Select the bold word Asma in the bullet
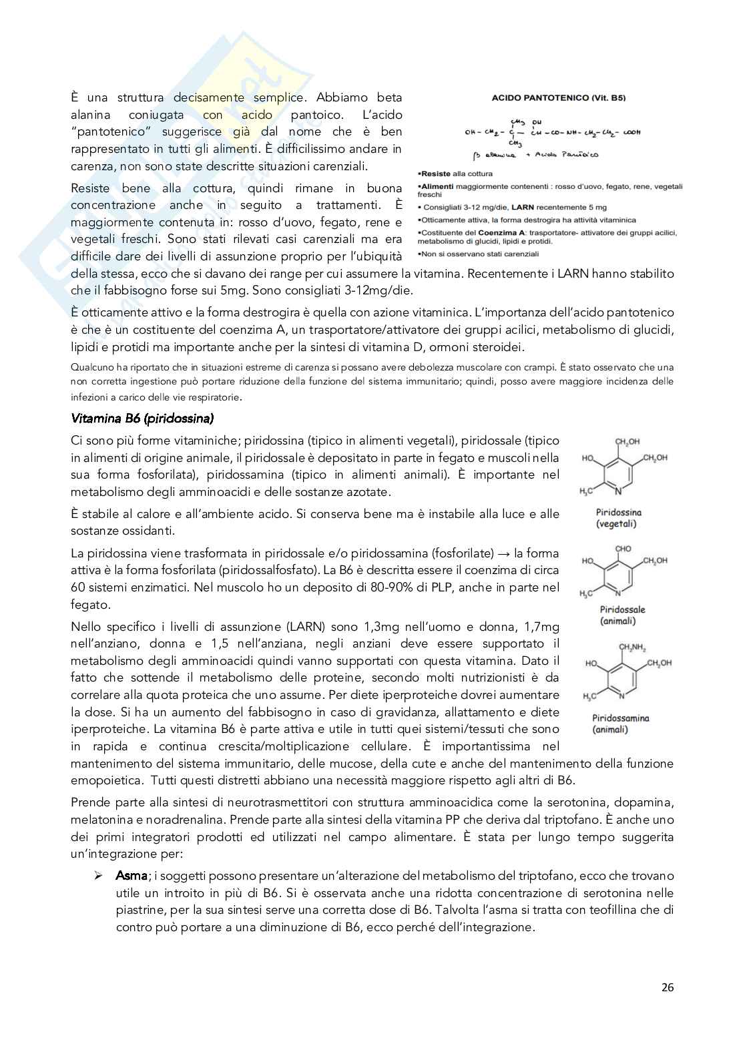131,875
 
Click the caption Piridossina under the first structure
618,513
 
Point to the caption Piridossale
622,609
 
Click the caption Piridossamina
621,718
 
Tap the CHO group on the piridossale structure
623,549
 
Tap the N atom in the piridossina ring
618,493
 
